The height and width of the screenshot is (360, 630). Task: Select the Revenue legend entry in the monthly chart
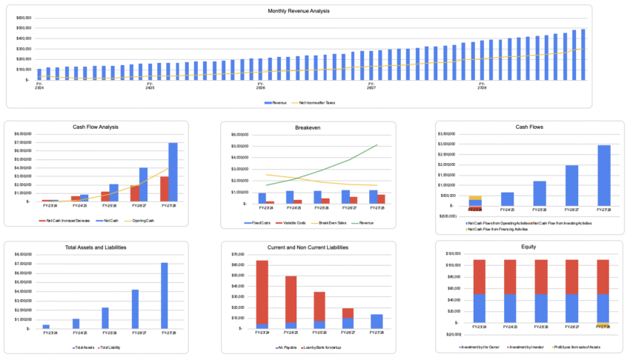[278, 101]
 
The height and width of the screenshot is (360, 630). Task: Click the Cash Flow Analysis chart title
[96, 127]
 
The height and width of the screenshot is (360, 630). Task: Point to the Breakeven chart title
[316, 127]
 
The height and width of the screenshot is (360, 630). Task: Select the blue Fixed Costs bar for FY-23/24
[262, 199]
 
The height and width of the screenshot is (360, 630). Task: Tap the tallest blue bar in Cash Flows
[605, 175]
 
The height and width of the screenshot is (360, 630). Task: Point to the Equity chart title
[528, 247]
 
